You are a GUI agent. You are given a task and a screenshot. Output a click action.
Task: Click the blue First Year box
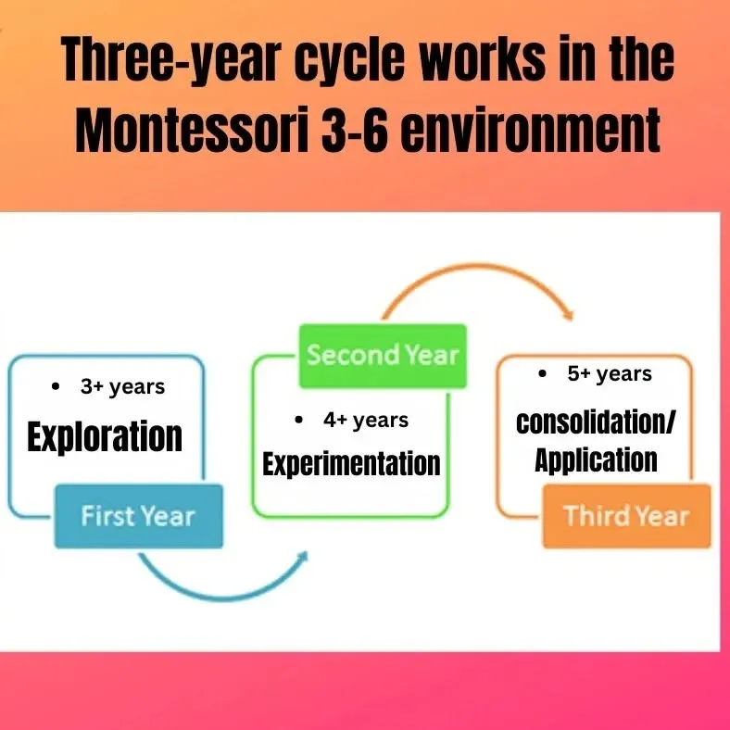point(139,516)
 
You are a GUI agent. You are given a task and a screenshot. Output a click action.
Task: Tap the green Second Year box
point(383,356)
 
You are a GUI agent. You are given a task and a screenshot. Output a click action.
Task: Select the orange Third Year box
point(627,516)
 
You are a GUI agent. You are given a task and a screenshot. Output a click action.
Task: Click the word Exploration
point(105,437)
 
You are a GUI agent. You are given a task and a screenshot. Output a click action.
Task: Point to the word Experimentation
point(351,464)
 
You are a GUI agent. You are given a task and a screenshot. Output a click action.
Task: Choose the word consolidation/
point(596,422)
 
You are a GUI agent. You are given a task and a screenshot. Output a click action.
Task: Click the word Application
point(596,460)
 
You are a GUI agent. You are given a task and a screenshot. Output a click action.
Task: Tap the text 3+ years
point(122,387)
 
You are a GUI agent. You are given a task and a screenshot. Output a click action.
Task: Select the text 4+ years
point(366,421)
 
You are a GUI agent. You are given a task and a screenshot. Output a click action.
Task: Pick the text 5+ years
point(610,374)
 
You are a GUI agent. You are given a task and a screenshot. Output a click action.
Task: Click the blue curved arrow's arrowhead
point(303,557)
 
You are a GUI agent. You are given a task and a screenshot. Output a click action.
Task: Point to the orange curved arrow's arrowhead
point(568,314)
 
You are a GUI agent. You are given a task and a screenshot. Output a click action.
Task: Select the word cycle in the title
point(349,58)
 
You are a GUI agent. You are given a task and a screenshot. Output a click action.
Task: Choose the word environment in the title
point(530,128)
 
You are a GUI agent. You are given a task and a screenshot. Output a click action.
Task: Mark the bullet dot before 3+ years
point(57,386)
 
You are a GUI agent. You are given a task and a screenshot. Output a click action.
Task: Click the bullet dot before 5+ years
point(542,373)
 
